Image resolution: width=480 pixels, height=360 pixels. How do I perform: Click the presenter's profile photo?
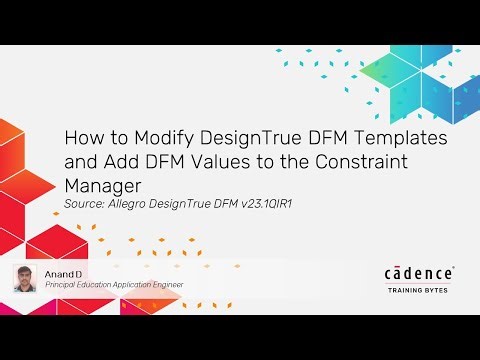(x=26, y=279)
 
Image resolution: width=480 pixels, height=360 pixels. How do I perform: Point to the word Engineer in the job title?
(x=167, y=285)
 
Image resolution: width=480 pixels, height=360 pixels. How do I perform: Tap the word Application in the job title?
(x=135, y=285)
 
